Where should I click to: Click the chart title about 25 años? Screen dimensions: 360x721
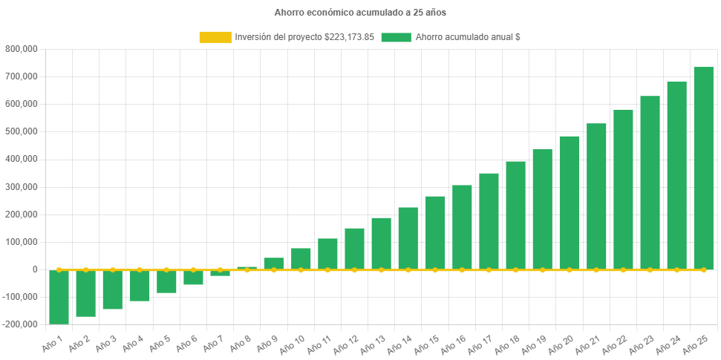click(360, 13)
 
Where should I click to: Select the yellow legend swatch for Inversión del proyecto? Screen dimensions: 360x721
click(215, 37)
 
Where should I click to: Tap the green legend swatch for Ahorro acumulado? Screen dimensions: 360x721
click(396, 37)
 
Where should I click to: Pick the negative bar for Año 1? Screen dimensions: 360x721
click(59, 297)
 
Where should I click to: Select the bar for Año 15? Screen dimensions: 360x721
click(435, 233)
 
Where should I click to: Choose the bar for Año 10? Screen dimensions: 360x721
click(301, 259)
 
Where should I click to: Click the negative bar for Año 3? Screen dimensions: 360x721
click(112, 289)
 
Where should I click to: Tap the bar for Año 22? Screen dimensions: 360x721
click(623, 189)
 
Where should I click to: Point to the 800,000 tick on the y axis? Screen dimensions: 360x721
click(22, 49)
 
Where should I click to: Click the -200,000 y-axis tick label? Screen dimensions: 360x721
click(20, 324)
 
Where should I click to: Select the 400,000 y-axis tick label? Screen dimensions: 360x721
click(22, 159)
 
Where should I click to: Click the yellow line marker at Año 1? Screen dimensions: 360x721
click(59, 269)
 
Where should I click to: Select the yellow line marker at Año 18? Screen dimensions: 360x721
click(515, 269)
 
